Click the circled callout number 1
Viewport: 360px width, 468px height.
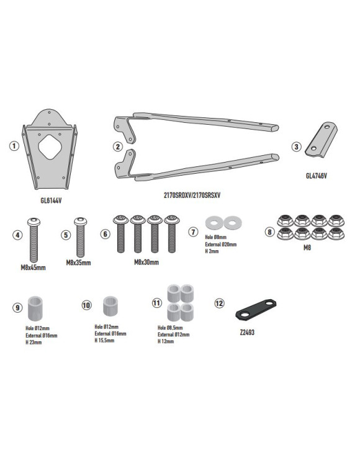pyautogui.click(x=14, y=146)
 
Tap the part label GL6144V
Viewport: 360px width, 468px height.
pyautogui.click(x=52, y=201)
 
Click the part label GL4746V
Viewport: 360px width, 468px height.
pyautogui.click(x=316, y=176)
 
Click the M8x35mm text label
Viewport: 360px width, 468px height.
pyautogui.click(x=78, y=263)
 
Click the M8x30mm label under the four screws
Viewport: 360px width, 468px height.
pyautogui.click(x=146, y=263)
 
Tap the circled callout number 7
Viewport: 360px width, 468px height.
pyautogui.click(x=193, y=232)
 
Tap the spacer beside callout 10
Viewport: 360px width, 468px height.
pyautogui.click(x=109, y=305)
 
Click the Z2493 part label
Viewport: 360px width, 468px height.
pyautogui.click(x=246, y=332)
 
